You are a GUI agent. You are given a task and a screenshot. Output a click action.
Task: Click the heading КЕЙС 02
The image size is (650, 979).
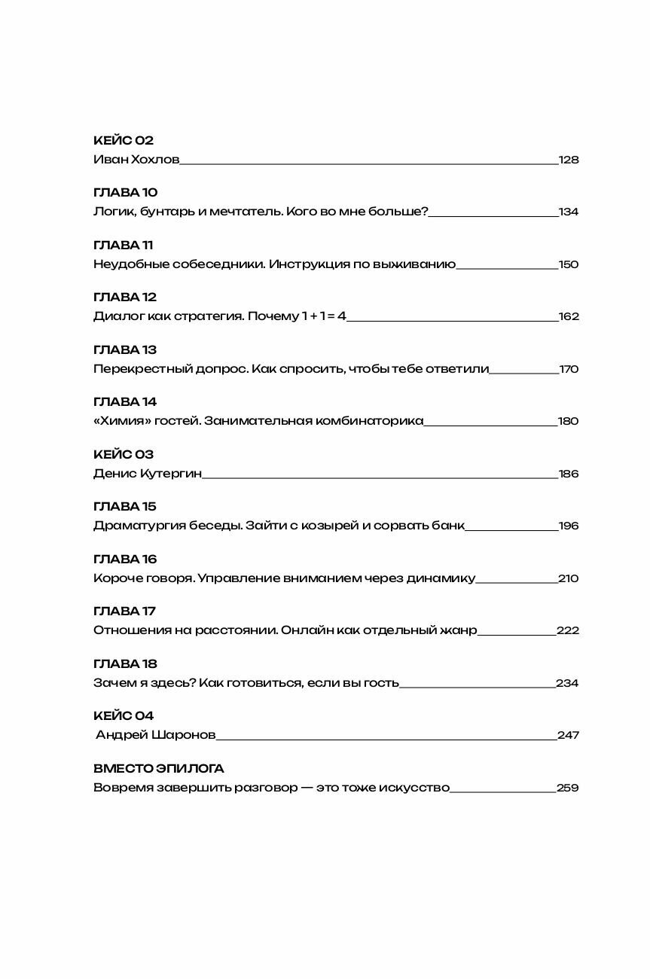[124, 141]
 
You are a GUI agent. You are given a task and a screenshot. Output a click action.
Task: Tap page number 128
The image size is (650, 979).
[569, 160]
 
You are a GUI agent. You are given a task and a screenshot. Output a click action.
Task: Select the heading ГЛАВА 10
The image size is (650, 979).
[125, 193]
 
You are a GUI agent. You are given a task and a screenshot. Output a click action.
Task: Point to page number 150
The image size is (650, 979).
[569, 264]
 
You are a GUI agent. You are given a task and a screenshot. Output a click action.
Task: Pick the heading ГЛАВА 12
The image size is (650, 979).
[125, 297]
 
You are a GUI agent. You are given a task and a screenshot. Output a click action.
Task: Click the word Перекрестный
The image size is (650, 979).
[134, 369]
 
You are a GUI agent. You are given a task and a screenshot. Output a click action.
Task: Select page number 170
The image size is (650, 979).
[569, 369]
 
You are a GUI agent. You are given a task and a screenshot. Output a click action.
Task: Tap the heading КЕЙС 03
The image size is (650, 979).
[124, 455]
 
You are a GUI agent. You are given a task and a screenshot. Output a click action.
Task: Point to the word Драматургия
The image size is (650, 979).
[133, 526]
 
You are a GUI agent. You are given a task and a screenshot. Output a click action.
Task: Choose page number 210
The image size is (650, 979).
[569, 578]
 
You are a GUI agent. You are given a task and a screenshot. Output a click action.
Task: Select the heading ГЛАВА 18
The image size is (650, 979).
[125, 664]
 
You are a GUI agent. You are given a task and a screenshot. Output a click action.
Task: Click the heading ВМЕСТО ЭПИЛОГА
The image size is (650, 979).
[159, 769]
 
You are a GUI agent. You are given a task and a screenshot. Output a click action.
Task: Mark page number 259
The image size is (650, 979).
[567, 788]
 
